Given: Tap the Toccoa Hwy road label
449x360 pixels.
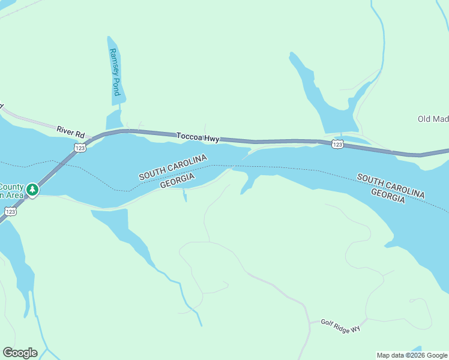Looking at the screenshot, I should pyautogui.click(x=197, y=137).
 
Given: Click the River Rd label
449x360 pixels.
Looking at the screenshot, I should pyautogui.click(x=71, y=130).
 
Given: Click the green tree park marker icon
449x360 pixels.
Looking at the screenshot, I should pyautogui.click(x=32, y=190).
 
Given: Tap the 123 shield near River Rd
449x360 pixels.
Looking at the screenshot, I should pyautogui.click(x=79, y=147).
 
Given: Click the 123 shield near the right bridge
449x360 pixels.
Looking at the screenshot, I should pyautogui.click(x=337, y=144).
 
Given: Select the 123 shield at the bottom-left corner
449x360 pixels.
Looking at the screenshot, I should pyautogui.click(x=10, y=211).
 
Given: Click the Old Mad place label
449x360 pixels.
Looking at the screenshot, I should pyautogui.click(x=433, y=119).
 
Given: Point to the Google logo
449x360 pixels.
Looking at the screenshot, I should pyautogui.click(x=20, y=353).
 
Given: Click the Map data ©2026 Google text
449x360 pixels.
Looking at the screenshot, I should pyautogui.click(x=412, y=355).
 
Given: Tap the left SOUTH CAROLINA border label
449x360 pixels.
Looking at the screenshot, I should pyautogui.click(x=173, y=167).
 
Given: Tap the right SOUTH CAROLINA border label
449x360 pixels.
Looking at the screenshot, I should pyautogui.click(x=391, y=186).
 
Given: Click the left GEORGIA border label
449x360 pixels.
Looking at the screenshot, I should pyautogui.click(x=177, y=181).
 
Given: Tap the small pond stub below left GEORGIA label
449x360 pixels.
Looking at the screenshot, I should pyautogui.click(x=184, y=197).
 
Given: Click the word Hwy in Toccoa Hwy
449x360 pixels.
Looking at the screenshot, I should pyautogui.click(x=211, y=139).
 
